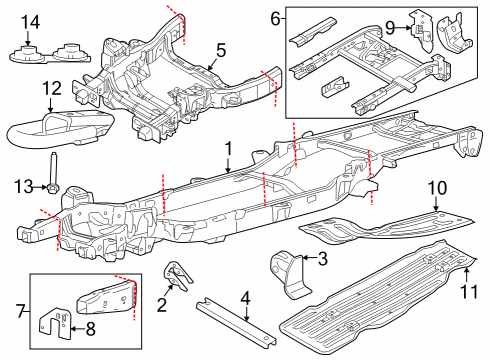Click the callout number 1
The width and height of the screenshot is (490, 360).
(x=229, y=148)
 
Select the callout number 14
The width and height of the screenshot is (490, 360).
(x=31, y=22)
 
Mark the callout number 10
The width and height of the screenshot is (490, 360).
(x=436, y=187)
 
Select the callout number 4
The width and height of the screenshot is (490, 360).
(x=244, y=296)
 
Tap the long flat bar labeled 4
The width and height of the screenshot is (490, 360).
(x=233, y=322)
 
